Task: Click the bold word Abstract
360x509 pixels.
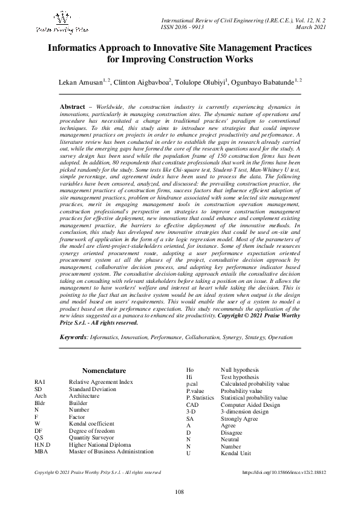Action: tap(73, 106)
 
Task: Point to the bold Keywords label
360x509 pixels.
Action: tap(74, 336)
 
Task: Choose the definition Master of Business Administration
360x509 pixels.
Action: tap(111, 451)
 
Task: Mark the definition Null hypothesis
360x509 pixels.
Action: tap(240, 369)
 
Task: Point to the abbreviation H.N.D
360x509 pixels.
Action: tap(42, 444)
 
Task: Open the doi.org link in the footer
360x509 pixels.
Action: tap(284, 472)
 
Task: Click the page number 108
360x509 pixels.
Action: tap(179, 491)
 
